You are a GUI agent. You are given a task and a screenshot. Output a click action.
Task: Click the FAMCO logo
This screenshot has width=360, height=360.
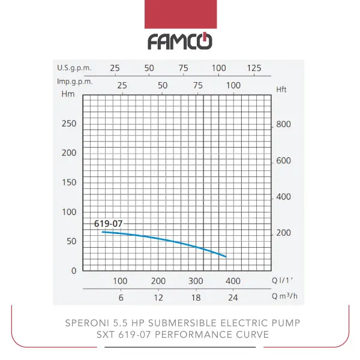180,41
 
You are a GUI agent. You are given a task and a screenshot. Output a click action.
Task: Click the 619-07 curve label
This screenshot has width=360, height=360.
108,224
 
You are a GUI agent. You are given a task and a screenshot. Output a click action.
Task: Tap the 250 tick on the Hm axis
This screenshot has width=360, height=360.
70,124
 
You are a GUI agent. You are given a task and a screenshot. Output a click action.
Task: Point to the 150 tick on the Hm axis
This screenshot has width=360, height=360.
70,182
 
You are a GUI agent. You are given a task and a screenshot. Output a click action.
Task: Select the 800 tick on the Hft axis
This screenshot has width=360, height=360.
283,125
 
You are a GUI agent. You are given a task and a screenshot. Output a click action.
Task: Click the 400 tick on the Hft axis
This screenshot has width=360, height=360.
283,197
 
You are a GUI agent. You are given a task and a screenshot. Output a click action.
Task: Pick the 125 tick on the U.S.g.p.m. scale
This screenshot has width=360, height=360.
254,68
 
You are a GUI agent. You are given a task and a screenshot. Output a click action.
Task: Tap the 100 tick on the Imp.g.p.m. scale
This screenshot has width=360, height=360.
232,85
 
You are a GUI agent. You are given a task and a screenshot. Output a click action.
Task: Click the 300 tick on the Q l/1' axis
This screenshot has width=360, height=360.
196,281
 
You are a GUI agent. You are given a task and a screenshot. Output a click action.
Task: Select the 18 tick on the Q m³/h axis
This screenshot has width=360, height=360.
196,298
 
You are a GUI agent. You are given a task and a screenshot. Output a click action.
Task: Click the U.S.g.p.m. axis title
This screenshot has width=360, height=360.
74,68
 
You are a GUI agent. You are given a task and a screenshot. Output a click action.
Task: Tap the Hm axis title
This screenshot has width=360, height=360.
67,94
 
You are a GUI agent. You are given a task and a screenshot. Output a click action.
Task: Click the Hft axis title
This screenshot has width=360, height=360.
282,89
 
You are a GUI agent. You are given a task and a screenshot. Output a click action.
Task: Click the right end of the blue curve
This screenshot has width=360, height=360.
226,257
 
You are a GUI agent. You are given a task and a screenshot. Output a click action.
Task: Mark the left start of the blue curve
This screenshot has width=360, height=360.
103,232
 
